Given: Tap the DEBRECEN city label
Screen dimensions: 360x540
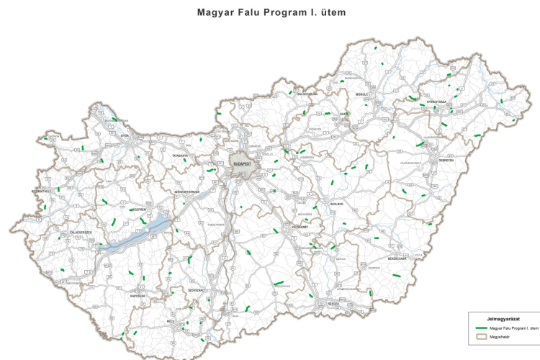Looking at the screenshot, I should [x=433, y=160].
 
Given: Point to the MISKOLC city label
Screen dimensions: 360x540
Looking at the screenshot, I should [x=361, y=94].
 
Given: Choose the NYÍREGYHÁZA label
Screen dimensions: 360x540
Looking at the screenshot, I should [x=436, y=102].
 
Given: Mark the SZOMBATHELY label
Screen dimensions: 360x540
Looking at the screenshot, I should [x=41, y=191].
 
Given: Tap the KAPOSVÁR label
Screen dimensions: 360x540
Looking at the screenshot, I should [x=138, y=295].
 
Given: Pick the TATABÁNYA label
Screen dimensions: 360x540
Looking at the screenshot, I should [x=180, y=156].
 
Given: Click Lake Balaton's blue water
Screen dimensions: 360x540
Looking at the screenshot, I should [x=137, y=235].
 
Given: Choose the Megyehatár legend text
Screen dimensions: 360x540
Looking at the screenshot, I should [x=500, y=336].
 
